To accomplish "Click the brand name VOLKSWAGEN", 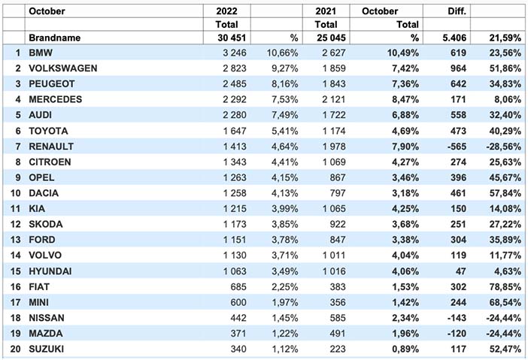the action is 63,68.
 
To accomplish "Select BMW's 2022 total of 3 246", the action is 235,53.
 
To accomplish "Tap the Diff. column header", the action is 457,11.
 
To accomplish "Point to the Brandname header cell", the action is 55,38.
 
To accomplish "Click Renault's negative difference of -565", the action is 457,147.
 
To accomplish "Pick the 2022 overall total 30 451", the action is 232,38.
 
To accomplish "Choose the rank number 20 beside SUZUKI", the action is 16,349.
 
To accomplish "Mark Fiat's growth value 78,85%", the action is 505,286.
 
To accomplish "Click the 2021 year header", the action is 326,11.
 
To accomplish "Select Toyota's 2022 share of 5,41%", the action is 285,131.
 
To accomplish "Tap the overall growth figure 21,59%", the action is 505,38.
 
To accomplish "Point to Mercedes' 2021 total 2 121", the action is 334,99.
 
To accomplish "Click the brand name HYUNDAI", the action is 50,271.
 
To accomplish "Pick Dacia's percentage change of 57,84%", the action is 505,193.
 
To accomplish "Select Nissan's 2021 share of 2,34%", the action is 405,318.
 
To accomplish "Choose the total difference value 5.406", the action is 454,38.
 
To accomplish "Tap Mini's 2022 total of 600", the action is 238,302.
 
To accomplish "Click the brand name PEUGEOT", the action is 52,83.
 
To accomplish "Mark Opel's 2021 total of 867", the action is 338,177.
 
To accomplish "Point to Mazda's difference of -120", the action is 457,333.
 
